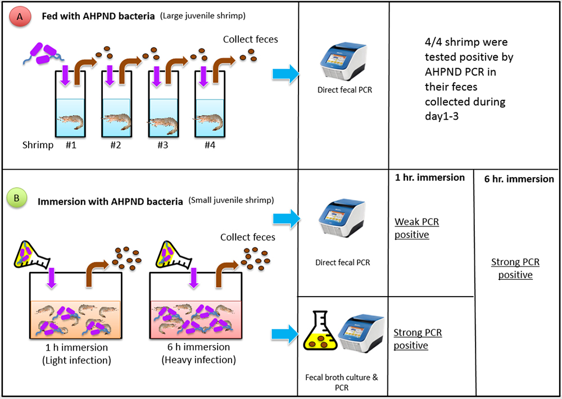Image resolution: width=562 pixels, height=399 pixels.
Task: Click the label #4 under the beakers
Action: click(x=210, y=144)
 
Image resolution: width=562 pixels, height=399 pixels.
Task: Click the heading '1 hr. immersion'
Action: click(x=430, y=178)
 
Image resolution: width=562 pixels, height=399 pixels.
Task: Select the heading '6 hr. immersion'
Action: click(x=519, y=179)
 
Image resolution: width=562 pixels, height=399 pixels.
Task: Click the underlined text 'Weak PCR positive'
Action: click(x=416, y=228)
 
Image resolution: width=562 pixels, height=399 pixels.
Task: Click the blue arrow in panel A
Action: click(x=285, y=75)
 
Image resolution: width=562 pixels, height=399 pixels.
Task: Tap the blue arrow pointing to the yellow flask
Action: click(x=285, y=334)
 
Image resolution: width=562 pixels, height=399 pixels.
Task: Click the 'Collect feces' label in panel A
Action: click(x=250, y=39)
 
